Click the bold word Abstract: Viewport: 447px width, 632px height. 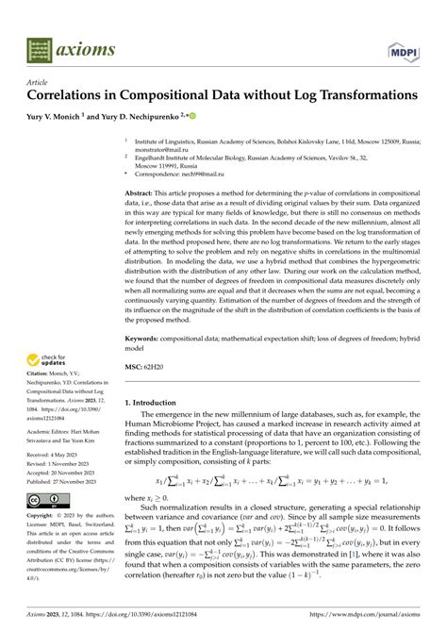[x=142, y=192]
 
